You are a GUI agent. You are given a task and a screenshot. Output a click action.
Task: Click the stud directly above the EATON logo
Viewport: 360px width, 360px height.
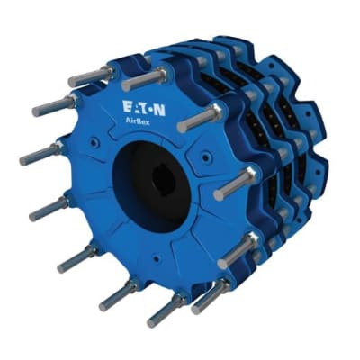point(144,78)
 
